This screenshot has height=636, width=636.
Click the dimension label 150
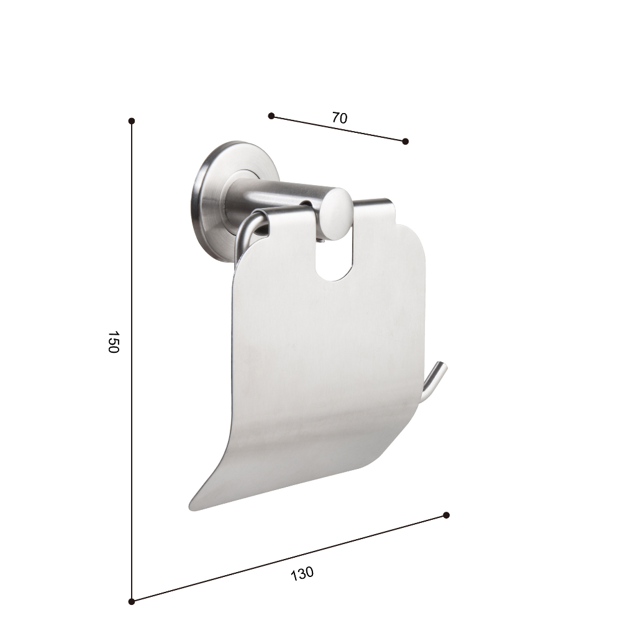pyautogui.click(x=113, y=342)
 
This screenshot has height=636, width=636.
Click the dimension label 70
pyautogui.click(x=340, y=117)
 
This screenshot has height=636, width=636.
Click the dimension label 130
pyautogui.click(x=302, y=573)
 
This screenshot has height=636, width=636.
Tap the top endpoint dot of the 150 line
pyautogui.click(x=132, y=121)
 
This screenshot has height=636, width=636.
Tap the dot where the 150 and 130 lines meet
pyautogui.click(x=132, y=601)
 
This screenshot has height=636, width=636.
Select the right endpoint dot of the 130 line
pyautogui.click(x=446, y=515)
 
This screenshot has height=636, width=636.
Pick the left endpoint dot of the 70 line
pyautogui.click(x=271, y=116)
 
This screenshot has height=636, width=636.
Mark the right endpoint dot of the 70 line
pyautogui.click(x=405, y=141)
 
